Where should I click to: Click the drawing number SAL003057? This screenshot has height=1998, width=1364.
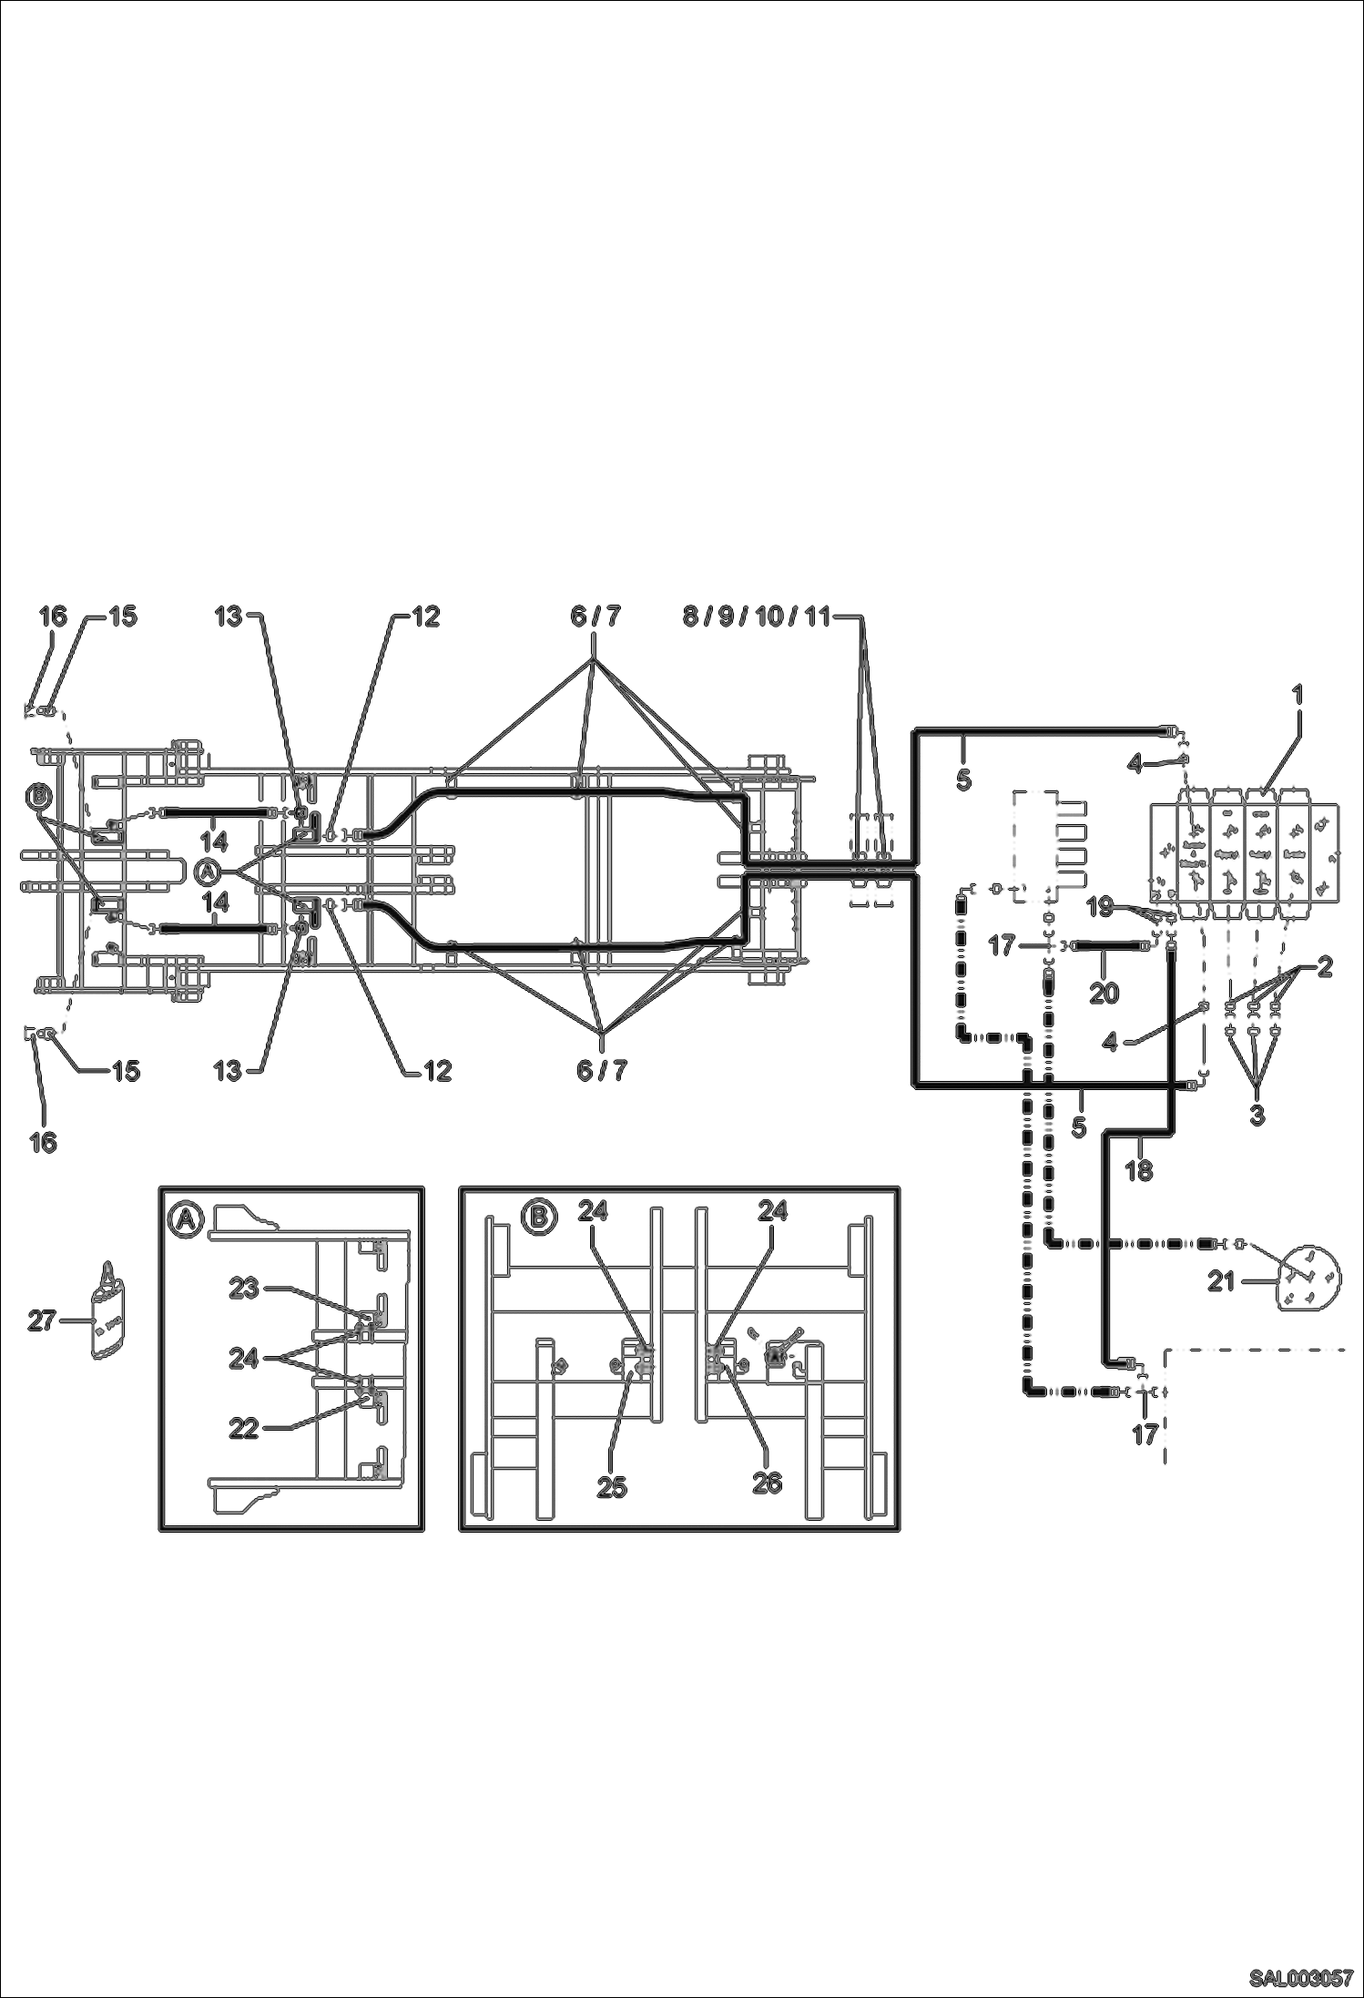(x=1299, y=1979)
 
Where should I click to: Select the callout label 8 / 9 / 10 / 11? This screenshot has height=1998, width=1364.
(x=757, y=617)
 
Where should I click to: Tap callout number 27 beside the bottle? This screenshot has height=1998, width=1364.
(x=41, y=1319)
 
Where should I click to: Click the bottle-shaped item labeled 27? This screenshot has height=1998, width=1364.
(x=108, y=1314)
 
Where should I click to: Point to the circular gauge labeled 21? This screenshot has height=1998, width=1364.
(x=1310, y=1278)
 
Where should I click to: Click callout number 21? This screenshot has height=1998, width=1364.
(x=1221, y=1281)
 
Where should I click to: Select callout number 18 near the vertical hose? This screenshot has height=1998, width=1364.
(x=1138, y=1170)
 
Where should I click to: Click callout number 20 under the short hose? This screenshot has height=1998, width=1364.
(x=1104, y=992)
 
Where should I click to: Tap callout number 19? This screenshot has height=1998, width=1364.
(x=1100, y=907)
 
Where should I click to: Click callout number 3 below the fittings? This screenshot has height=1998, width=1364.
(x=1257, y=1113)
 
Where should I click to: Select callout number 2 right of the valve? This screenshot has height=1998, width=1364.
(x=1324, y=967)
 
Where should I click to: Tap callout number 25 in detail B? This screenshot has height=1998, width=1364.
(x=612, y=1486)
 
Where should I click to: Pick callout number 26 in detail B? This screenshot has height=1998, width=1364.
(x=767, y=1483)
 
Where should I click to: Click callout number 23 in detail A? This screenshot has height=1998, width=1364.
(x=244, y=1288)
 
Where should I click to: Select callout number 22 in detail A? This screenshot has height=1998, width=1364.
(x=244, y=1429)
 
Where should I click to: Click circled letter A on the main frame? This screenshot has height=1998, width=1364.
(x=208, y=872)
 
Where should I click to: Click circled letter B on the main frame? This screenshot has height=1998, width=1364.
(x=39, y=798)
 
